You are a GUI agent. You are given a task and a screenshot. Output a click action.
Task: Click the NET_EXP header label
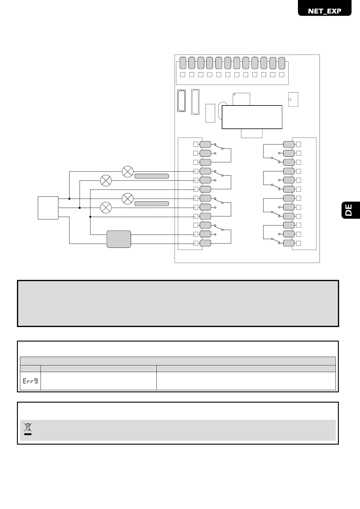coord(324,11)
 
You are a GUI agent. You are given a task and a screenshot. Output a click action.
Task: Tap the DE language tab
coord(349,210)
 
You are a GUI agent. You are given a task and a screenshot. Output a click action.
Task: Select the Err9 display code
coord(30,381)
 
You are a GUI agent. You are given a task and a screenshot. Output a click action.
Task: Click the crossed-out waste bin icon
coord(28,429)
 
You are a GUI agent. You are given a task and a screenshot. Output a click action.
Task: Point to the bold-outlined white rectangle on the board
coord(252,117)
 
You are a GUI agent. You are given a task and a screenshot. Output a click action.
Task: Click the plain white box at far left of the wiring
coord(48,208)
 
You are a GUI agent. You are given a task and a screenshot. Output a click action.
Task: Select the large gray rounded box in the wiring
coord(119,239)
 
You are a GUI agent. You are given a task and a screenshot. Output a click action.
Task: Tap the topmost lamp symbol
coord(128,171)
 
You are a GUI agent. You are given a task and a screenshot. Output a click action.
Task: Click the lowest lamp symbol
coord(106,208)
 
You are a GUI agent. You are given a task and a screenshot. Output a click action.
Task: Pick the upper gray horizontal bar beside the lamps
coord(151,176)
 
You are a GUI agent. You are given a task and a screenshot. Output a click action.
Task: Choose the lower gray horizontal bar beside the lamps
coord(151,203)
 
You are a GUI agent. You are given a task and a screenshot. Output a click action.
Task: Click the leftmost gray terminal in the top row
coord(183,63)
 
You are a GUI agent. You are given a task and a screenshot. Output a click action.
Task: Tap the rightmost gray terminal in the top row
coord(282,63)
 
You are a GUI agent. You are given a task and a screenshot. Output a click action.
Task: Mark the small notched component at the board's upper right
coord(293,99)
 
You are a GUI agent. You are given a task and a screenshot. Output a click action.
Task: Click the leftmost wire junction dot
coord(69,199)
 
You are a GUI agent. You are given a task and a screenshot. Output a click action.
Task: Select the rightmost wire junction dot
coord(90,217)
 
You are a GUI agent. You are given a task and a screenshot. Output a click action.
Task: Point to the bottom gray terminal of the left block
coord(205,243)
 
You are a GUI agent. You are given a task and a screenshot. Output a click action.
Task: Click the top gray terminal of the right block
coord(289,144)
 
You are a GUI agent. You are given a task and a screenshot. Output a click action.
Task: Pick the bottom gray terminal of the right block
coord(289,243)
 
